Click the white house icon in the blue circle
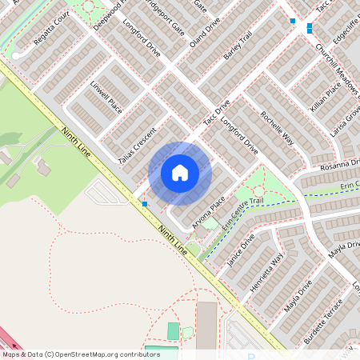tap(180, 173)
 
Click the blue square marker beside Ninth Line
tap(144, 204)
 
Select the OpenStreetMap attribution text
tap(81, 354)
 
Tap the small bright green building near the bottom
tap(174, 330)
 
